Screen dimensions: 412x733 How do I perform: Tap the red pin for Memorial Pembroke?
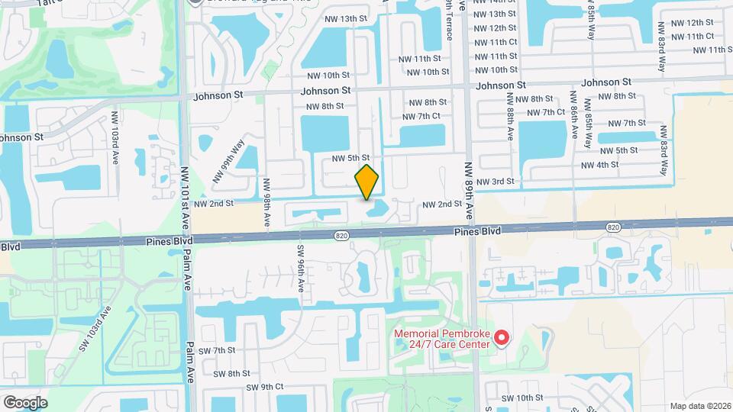click(x=502, y=337)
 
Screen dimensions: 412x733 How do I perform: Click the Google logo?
click(x=25, y=402)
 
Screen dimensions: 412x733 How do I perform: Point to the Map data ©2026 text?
click(x=699, y=405)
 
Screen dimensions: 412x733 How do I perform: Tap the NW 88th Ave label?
click(x=509, y=116)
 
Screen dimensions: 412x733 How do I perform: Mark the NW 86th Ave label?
click(x=573, y=114)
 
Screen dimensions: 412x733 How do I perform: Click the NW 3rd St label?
click(x=495, y=182)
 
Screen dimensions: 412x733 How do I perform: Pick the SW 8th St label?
click(x=232, y=374)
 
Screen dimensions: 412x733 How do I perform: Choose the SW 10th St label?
click(x=522, y=398)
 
